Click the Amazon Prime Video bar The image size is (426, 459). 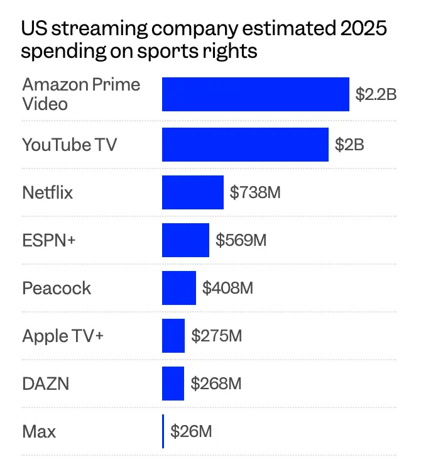click(255, 94)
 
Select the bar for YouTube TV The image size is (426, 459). click(245, 145)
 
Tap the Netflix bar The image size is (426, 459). click(192, 192)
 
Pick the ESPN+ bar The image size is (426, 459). click(185, 240)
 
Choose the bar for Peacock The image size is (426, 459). click(179, 288)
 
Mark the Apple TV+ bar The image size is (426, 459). click(173, 336)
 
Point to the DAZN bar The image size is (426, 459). click(173, 384)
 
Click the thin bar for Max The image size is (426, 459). click(163, 431)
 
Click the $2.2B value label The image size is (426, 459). click(376, 95)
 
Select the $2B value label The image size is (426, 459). click(349, 145)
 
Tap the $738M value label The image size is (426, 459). click(255, 192)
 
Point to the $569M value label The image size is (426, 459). click(241, 240)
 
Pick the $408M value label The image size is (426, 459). click(227, 288)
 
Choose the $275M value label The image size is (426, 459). click(216, 336)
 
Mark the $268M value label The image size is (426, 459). click(216, 384)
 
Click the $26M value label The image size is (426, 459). click(191, 431)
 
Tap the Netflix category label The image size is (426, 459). click(48, 192)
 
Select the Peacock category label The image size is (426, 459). click(57, 288)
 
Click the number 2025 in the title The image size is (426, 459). click(363, 29)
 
